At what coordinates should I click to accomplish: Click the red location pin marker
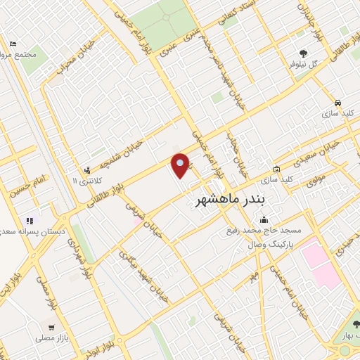point(181,165)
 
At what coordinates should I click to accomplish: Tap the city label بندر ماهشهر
point(231,200)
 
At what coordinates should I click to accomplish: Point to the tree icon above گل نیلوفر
point(303,53)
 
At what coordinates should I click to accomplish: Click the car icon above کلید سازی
point(338,101)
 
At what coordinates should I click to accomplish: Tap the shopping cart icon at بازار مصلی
point(51,328)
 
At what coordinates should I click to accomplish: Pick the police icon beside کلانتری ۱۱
point(87,169)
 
